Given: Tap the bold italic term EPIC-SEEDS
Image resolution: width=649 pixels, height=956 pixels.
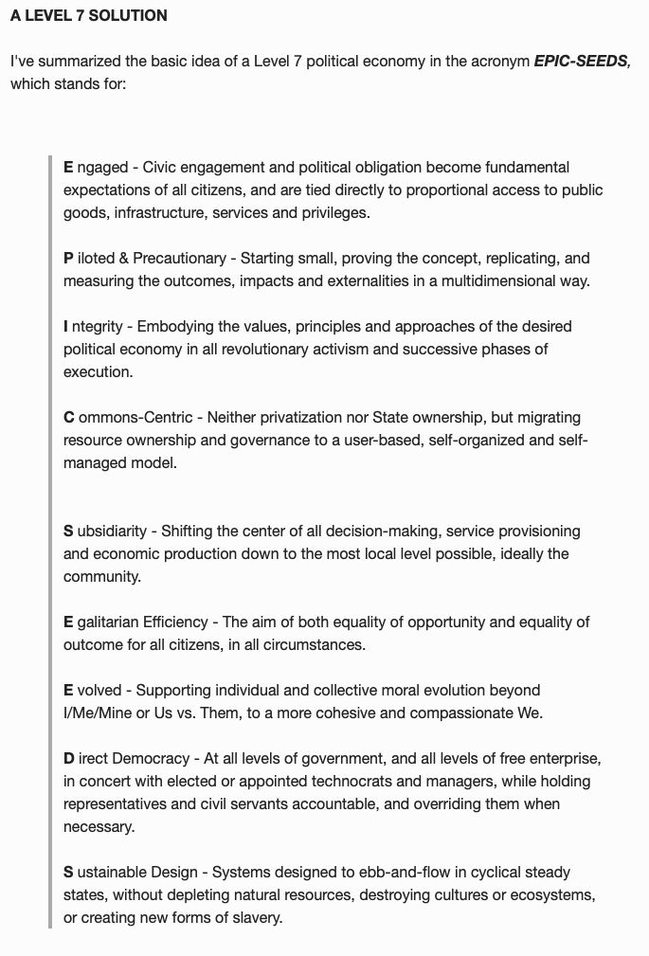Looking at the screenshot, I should [x=581, y=61].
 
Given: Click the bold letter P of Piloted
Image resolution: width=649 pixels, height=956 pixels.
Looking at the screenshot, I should [x=68, y=258].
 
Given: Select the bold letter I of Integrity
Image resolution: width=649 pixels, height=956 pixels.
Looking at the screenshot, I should [x=66, y=326].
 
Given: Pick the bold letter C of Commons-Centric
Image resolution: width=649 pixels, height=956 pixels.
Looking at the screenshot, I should [x=69, y=417].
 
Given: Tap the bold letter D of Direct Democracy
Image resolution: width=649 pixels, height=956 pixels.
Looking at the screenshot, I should [x=69, y=758].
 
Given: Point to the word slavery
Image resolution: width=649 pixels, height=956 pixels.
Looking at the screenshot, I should [x=252, y=917].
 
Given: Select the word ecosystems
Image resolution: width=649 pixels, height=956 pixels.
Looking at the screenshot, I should [x=551, y=894].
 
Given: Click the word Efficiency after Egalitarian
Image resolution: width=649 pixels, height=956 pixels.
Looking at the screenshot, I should [x=175, y=622].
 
